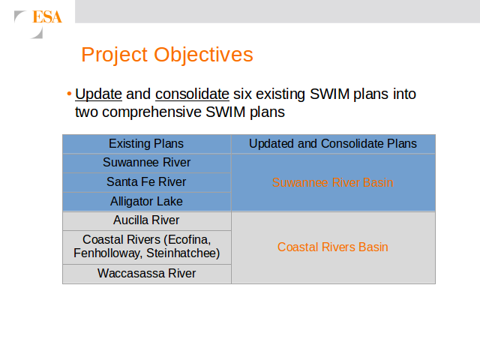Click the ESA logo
[x=38, y=24]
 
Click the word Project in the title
[x=115, y=55]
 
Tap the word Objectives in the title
[x=203, y=55]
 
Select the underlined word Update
[x=98, y=94]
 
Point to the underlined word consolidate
[x=192, y=94]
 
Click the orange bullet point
[x=69, y=93]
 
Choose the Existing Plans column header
[x=146, y=143]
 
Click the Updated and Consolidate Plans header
[x=333, y=143]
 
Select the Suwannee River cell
[x=147, y=163]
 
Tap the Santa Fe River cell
[x=147, y=182]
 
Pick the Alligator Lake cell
[x=147, y=202]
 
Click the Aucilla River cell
[x=147, y=220]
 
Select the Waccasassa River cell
[x=147, y=274]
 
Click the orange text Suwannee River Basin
[x=333, y=183]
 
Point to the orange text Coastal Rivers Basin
[x=333, y=247]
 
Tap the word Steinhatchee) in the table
[x=183, y=253]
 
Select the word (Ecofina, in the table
[x=187, y=240]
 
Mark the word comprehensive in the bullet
[x=151, y=112]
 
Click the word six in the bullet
[x=242, y=94]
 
